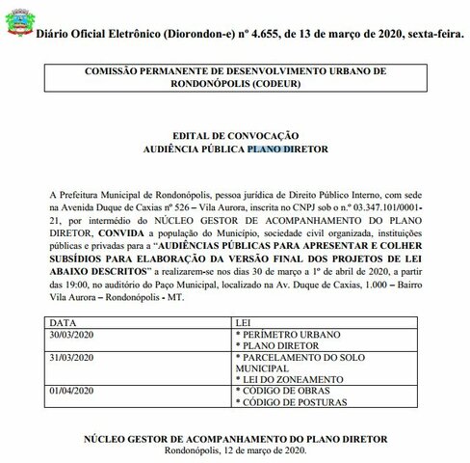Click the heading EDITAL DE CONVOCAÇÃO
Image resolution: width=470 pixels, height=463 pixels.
click(x=235, y=135)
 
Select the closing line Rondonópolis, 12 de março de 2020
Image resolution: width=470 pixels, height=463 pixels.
click(x=235, y=450)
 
